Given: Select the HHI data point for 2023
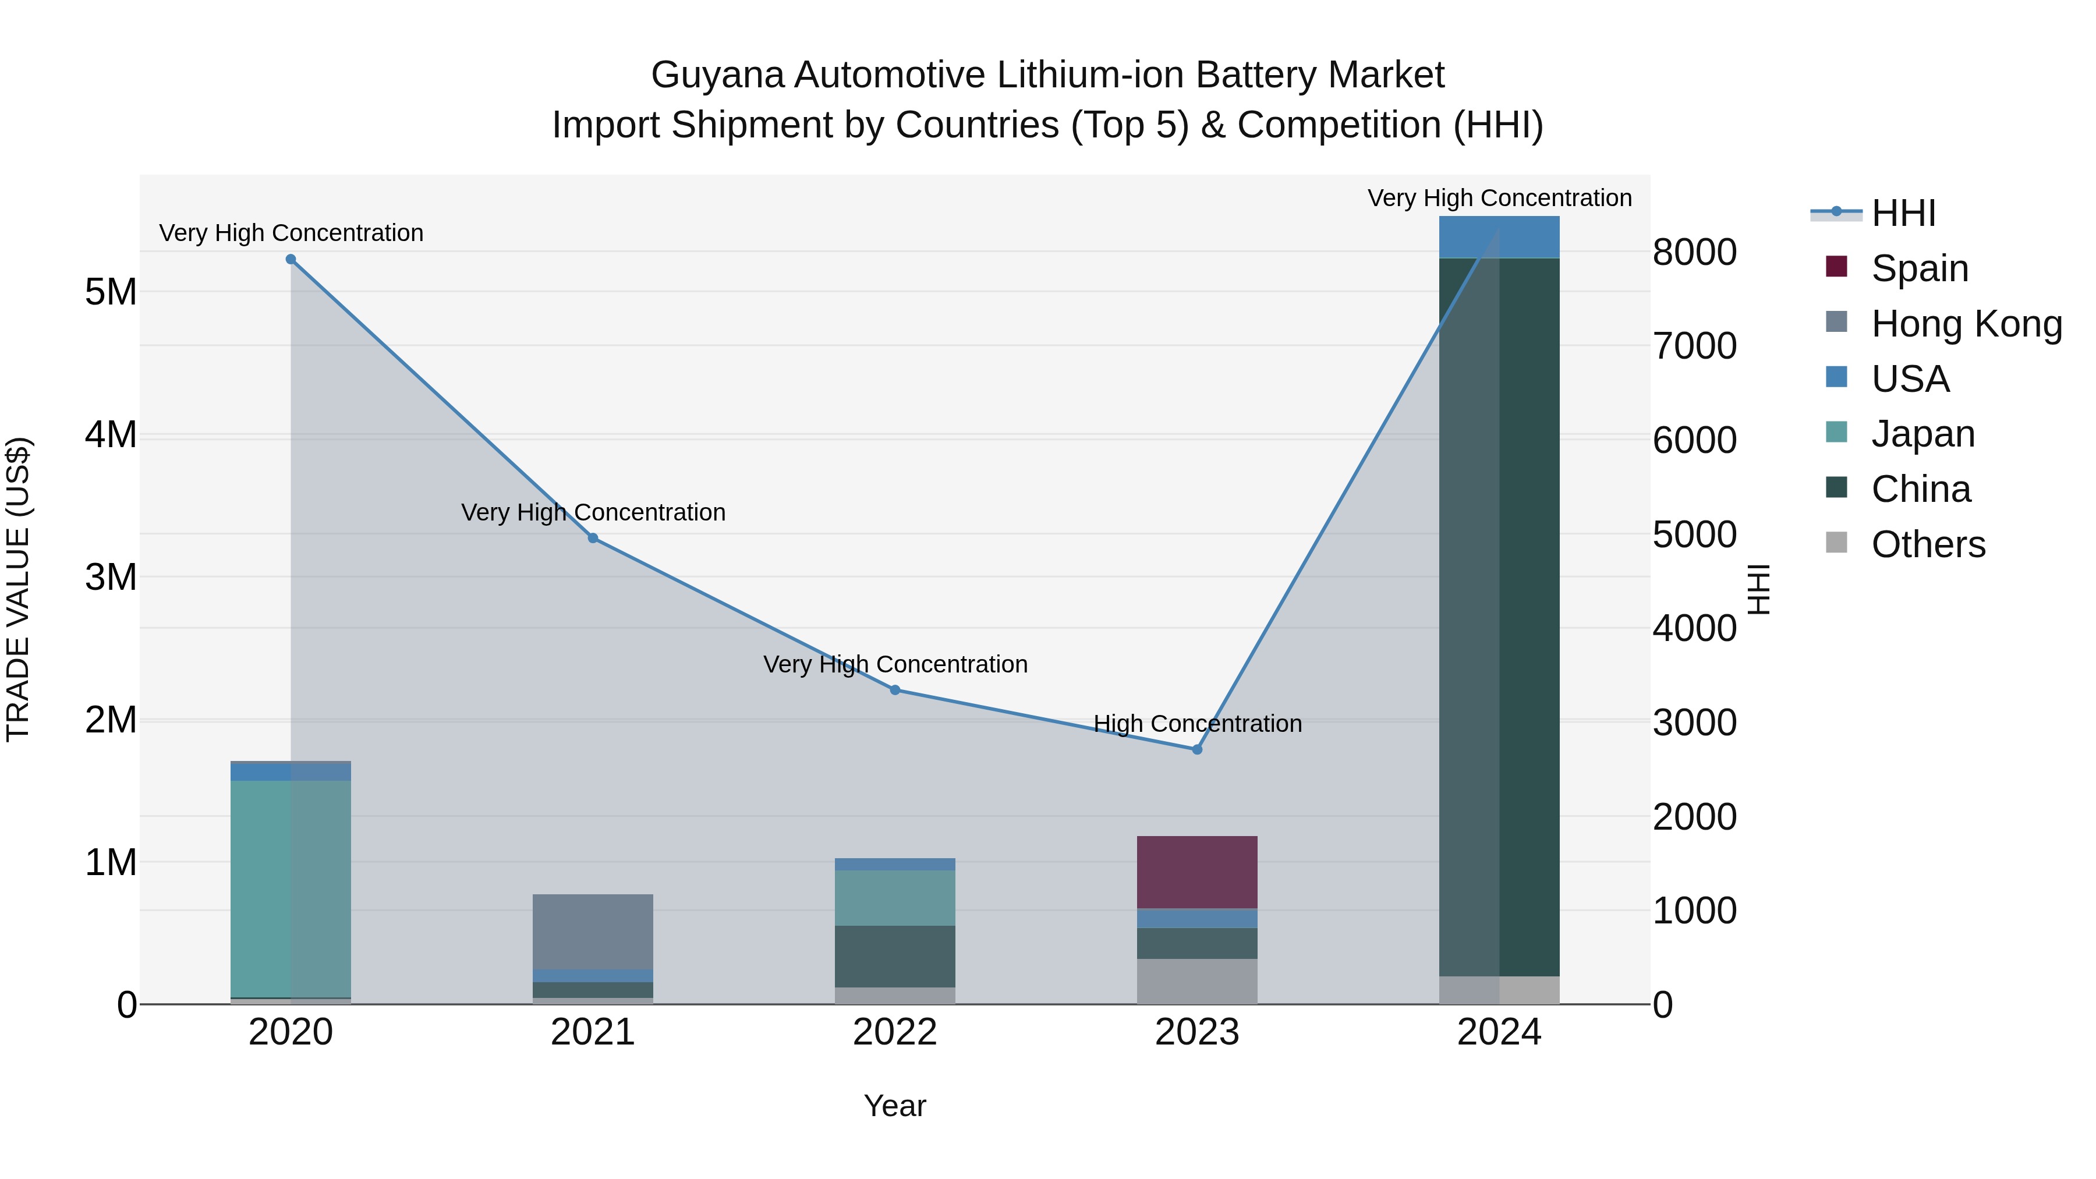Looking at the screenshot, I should click(x=1197, y=749).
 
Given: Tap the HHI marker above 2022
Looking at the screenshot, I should click(x=895, y=690).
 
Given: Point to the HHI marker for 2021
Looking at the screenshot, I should click(x=593, y=538).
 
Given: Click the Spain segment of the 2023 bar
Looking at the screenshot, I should click(x=1197, y=872).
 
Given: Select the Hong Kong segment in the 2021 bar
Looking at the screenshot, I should click(x=593, y=932).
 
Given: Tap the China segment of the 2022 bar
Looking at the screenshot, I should click(x=895, y=956).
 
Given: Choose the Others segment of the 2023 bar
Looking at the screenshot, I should click(x=1197, y=980).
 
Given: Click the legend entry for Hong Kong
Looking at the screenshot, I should click(x=1967, y=324).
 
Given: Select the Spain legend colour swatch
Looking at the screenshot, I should click(x=1836, y=267).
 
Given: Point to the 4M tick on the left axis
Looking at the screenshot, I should click(x=111, y=434).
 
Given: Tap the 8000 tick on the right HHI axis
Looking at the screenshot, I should click(x=1694, y=252).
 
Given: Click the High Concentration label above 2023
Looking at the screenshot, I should click(x=1197, y=723).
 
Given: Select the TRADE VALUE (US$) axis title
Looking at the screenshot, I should click(x=19, y=589).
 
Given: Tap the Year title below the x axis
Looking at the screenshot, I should click(x=894, y=1106).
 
